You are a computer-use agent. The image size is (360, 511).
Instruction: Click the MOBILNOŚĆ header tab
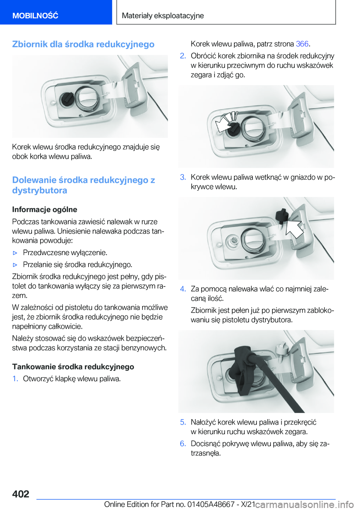point(35,15)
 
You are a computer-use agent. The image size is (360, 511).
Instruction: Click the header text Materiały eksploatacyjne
point(163,15)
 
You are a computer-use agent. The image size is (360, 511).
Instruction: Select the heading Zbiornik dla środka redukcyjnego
point(83,44)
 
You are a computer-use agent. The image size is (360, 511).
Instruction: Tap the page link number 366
point(302,44)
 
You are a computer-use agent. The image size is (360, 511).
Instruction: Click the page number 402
point(21,494)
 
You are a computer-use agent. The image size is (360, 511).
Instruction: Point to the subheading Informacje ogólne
point(45,209)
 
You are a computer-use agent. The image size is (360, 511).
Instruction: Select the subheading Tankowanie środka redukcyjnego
point(73,367)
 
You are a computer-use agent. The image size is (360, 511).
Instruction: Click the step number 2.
point(183,56)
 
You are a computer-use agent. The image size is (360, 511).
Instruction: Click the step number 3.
point(183,177)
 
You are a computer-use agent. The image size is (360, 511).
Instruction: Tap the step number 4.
point(183,289)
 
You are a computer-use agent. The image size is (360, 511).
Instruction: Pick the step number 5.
point(183,422)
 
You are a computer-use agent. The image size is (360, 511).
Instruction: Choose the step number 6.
point(183,443)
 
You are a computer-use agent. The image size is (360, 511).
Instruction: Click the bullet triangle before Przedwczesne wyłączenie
point(15,253)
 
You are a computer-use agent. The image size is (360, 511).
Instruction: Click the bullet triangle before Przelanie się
point(15,265)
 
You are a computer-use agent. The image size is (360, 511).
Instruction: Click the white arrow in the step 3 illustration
point(294,228)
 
